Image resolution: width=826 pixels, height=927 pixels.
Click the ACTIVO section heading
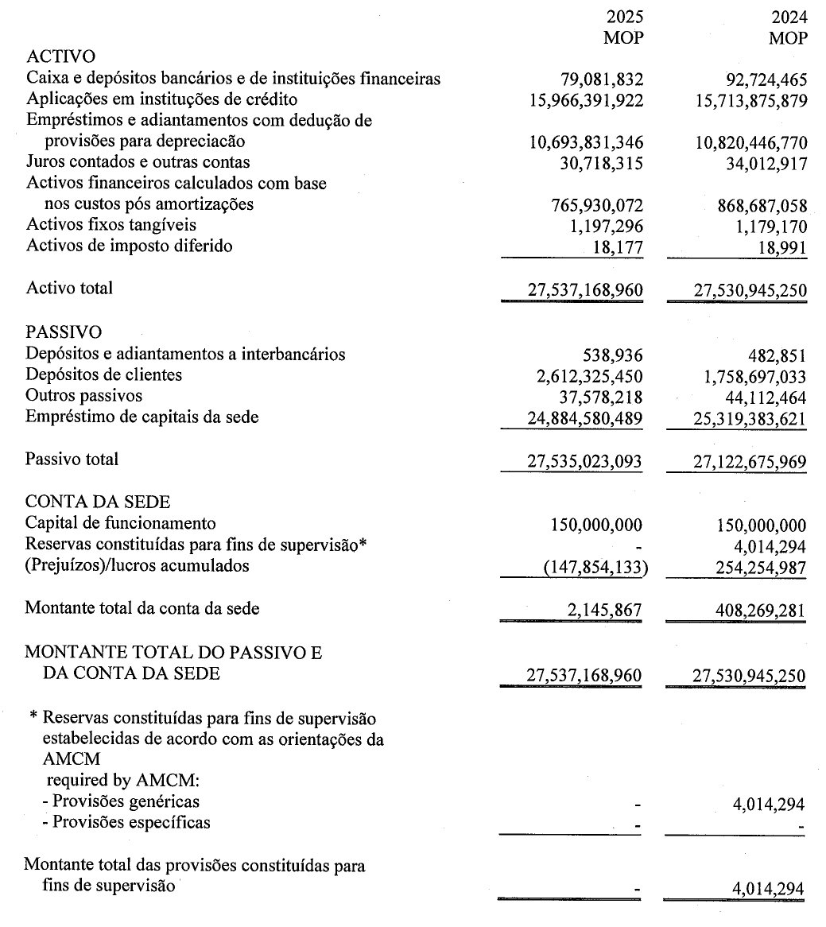[x=60, y=56]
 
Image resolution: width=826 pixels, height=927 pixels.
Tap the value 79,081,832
[x=602, y=80]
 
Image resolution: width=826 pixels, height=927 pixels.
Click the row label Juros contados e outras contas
[x=138, y=162]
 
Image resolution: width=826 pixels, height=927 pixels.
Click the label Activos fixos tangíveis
[x=111, y=225]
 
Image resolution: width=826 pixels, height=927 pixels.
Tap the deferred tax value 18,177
[x=619, y=246]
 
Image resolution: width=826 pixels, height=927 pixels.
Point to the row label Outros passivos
[x=84, y=395]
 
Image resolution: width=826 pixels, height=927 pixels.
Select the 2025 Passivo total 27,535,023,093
[x=585, y=460]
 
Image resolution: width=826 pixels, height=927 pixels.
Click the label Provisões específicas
[x=126, y=822]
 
